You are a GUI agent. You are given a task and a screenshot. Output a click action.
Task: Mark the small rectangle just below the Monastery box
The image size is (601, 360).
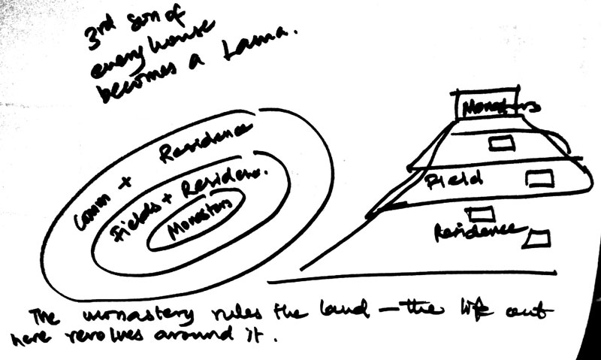pyautogui.click(x=501, y=143)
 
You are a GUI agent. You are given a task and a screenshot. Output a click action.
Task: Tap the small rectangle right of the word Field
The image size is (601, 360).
pyautogui.click(x=539, y=178)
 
